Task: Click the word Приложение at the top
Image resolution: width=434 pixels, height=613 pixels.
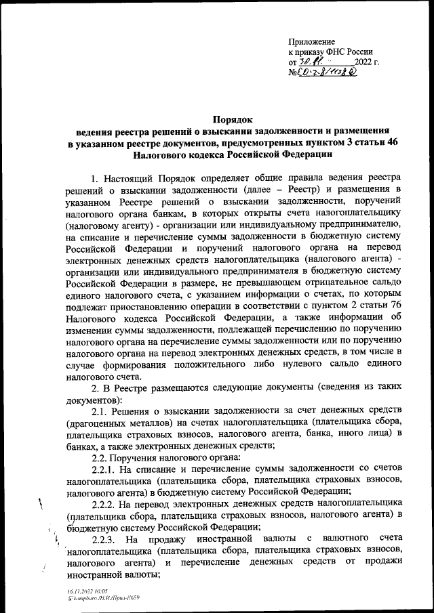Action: (x=311, y=41)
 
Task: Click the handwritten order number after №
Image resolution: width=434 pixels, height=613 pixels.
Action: (x=330, y=72)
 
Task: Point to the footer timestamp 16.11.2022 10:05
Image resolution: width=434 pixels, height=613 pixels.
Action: (x=86, y=591)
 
